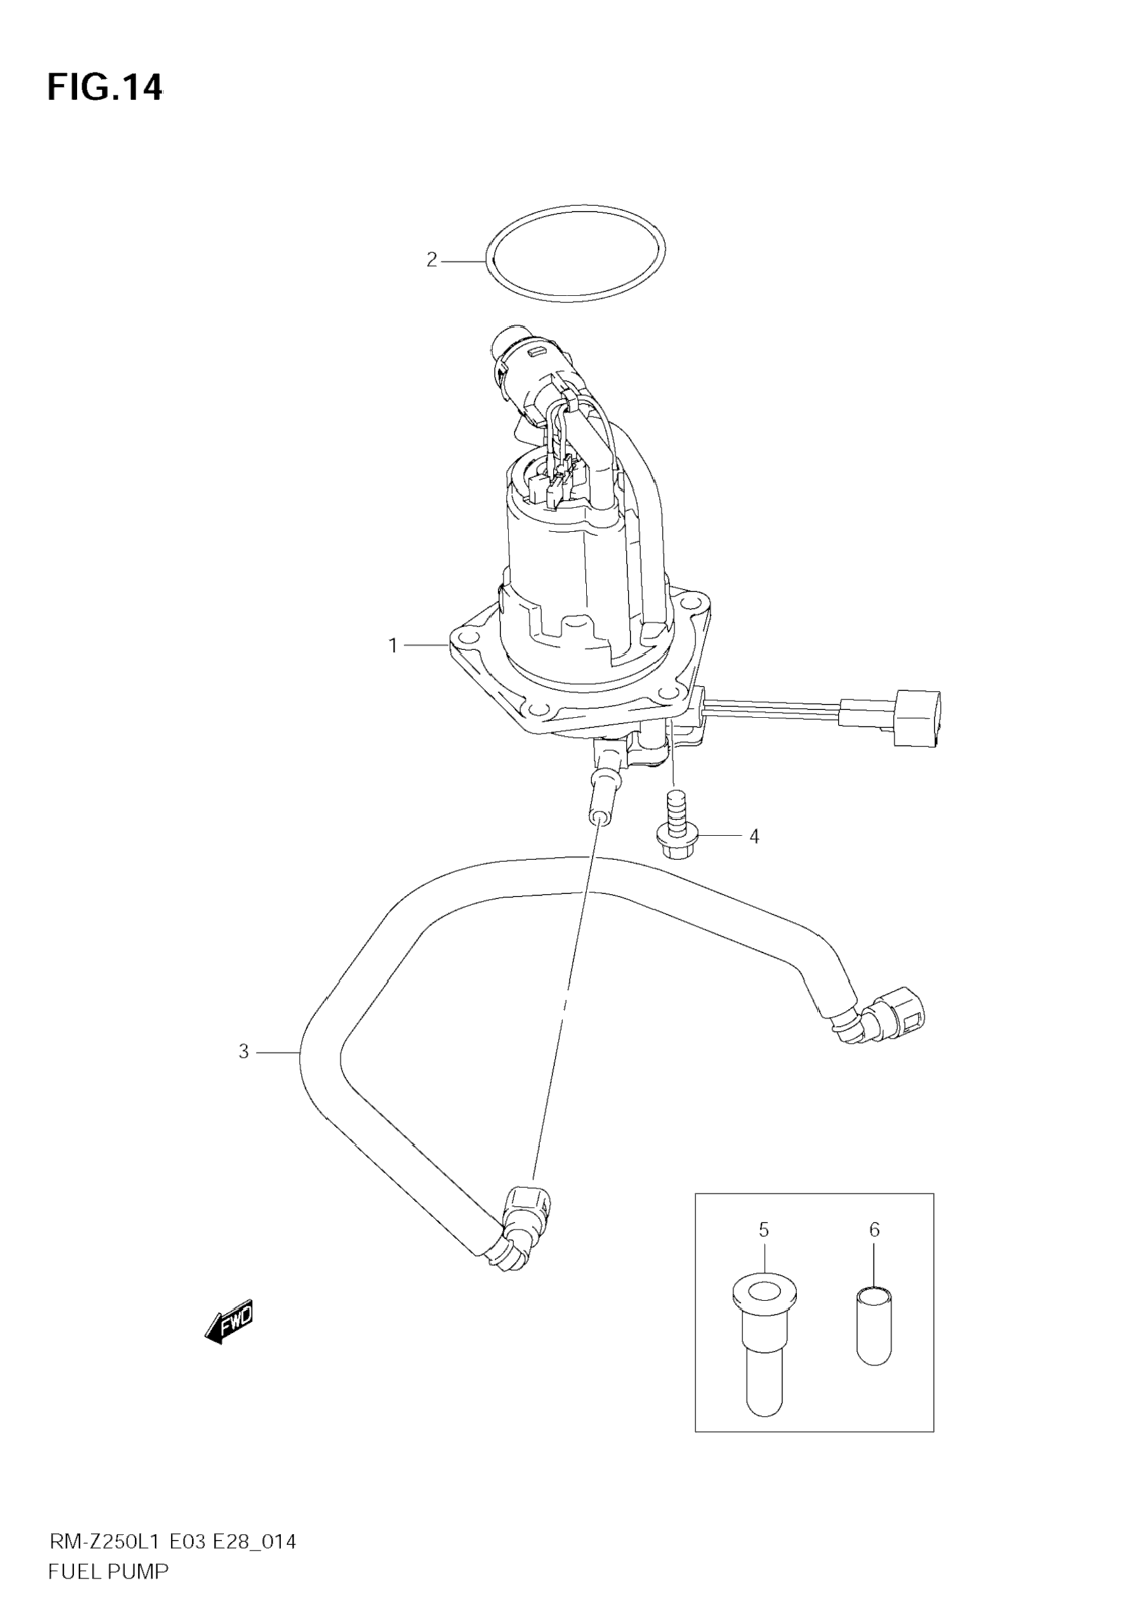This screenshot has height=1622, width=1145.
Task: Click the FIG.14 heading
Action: [x=105, y=88]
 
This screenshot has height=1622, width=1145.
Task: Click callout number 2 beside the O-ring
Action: [x=432, y=260]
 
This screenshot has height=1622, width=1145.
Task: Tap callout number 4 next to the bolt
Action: [x=754, y=837]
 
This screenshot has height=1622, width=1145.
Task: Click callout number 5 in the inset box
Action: [x=764, y=1230]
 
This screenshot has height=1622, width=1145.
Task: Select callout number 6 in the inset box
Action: [x=874, y=1230]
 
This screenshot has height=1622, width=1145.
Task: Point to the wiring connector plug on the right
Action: [x=917, y=717]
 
